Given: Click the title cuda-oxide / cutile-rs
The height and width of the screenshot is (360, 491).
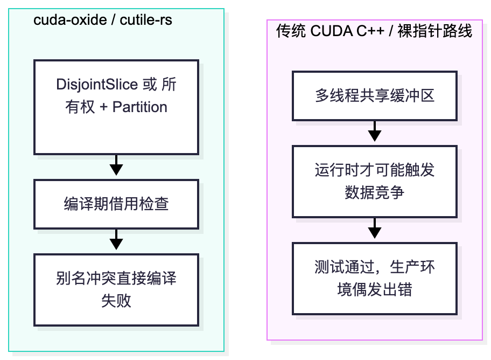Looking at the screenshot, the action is click(x=103, y=20).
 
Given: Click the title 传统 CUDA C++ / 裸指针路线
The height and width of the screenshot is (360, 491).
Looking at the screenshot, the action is click(x=374, y=31).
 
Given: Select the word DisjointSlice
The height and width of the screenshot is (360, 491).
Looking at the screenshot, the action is click(x=97, y=85).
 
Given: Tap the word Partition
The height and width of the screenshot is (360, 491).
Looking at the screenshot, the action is click(x=139, y=107).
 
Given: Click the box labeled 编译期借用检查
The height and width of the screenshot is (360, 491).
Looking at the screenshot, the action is click(x=116, y=204).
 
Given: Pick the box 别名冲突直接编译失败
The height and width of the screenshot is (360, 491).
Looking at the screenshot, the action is click(x=116, y=290).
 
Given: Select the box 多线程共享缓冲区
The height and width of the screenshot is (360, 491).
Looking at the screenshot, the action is click(x=375, y=96).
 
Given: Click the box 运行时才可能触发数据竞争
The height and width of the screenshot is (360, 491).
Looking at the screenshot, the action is click(x=375, y=181).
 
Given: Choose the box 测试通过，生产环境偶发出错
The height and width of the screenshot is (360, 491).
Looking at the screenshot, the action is click(x=375, y=279).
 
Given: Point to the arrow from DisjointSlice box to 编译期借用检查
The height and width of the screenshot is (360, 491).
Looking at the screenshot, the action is click(x=116, y=165).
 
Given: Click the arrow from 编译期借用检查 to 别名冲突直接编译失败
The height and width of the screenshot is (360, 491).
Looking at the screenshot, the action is click(x=116, y=240).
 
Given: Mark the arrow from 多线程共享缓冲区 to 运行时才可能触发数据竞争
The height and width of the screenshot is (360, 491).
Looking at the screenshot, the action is click(x=375, y=131).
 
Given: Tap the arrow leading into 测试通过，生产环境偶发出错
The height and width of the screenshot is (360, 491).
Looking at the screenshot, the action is click(x=375, y=228).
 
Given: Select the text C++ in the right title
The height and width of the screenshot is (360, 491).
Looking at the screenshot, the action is click(x=370, y=31).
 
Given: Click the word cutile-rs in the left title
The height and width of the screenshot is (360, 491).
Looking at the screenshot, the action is click(x=146, y=20).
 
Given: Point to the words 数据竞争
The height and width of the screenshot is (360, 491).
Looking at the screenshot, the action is click(x=375, y=192).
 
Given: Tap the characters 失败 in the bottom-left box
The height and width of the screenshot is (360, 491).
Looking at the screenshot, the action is click(x=116, y=301).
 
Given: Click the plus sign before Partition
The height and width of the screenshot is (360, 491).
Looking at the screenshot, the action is click(x=104, y=107).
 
